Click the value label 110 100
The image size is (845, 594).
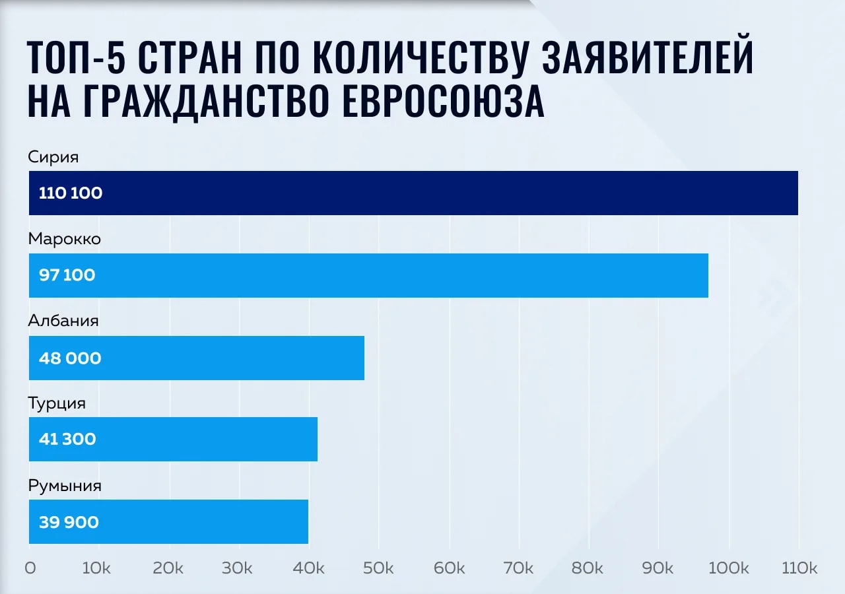[x=71, y=193]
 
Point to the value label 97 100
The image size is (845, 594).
[x=67, y=275]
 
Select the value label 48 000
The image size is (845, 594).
[x=70, y=358]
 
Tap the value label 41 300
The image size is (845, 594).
[x=67, y=440]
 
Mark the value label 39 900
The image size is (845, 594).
[x=69, y=523]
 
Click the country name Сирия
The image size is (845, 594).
[x=53, y=157]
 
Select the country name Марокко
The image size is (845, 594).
[x=65, y=239]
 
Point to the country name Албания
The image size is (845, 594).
[x=63, y=321]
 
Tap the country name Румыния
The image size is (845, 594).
[x=65, y=486]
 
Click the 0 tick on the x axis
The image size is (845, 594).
[x=30, y=568]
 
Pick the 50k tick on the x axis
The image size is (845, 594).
[x=378, y=568]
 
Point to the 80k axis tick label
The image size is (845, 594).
[x=588, y=568]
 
